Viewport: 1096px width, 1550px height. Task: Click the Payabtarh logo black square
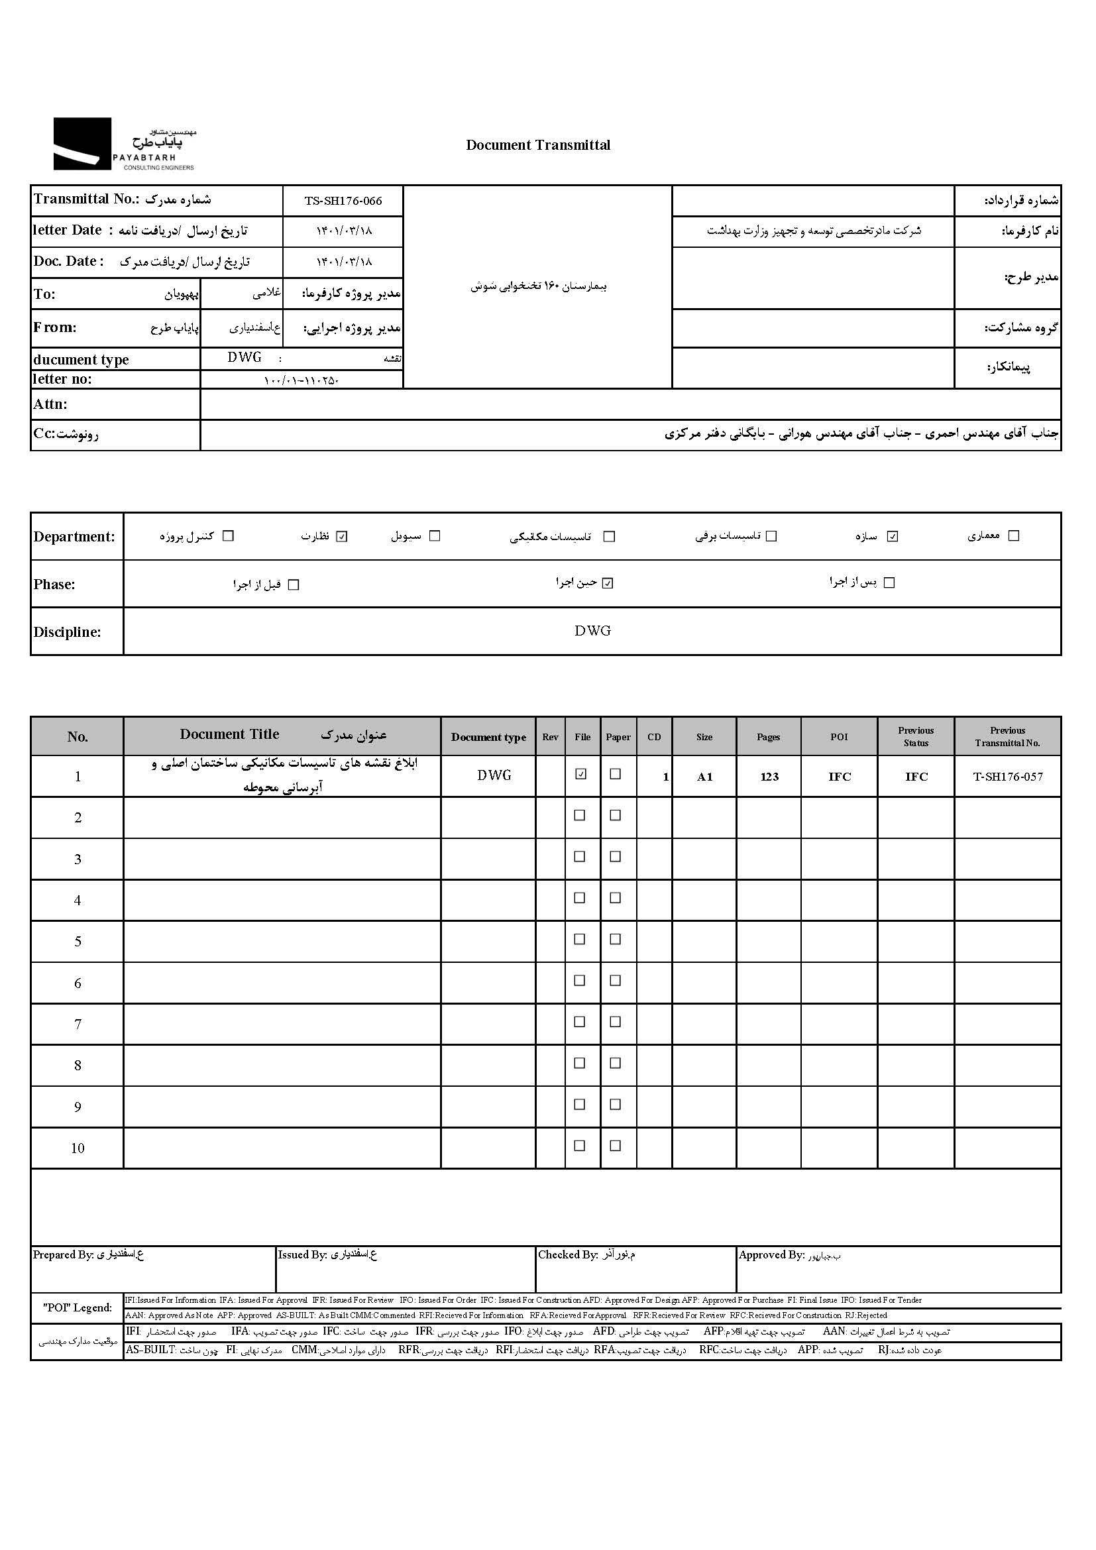point(82,143)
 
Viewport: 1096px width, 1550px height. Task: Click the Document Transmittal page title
point(538,145)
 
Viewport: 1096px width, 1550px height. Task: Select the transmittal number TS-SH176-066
point(343,201)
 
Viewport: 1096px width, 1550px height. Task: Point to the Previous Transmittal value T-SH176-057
point(1008,777)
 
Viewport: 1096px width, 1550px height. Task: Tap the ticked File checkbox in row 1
point(580,774)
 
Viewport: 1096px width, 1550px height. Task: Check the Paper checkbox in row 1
point(616,774)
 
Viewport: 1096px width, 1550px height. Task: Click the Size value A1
point(704,777)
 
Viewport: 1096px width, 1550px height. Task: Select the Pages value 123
point(769,777)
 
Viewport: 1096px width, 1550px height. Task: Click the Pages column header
point(768,736)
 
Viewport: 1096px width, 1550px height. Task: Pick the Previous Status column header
point(916,736)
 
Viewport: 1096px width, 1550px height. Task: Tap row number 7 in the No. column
point(78,1024)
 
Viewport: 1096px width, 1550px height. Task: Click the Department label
point(74,537)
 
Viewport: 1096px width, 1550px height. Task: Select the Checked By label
point(568,1255)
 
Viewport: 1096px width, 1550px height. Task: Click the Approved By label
point(771,1255)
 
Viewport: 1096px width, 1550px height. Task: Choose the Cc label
point(44,434)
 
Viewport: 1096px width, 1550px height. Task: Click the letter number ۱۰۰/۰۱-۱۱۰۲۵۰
point(301,380)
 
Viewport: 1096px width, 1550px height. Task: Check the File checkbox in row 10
point(580,1146)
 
